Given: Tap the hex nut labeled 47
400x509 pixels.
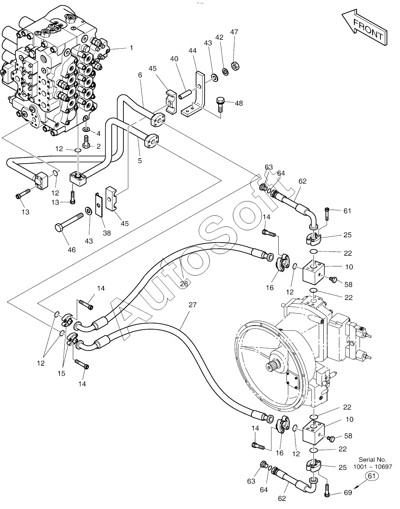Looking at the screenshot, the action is (x=235, y=66).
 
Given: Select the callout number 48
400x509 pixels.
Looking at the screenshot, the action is (x=239, y=103).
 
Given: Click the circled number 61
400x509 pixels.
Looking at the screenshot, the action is (x=372, y=476).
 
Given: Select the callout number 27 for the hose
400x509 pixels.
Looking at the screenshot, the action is (x=192, y=305).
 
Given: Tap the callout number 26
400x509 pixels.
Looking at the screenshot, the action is (x=184, y=284).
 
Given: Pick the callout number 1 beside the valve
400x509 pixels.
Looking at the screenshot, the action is (x=131, y=48).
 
